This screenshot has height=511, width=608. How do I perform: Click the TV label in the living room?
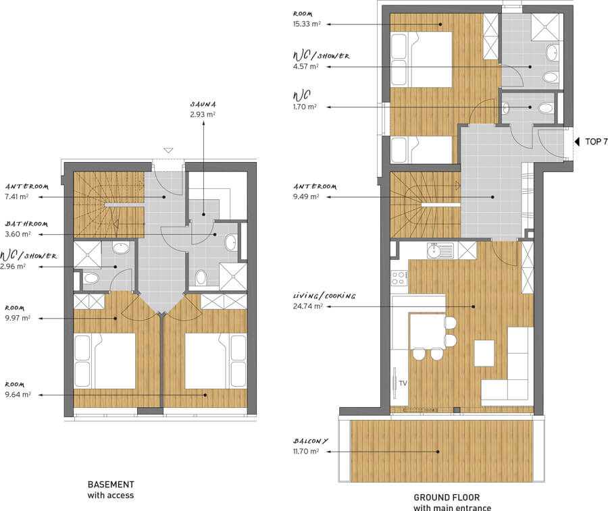pyautogui.click(x=403, y=383)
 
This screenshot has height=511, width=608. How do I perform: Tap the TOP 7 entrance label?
pyautogui.click(x=596, y=142)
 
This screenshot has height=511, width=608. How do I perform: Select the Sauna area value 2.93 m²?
pyautogui.click(x=203, y=115)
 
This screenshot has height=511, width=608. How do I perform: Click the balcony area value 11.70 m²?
pyautogui.click(x=306, y=452)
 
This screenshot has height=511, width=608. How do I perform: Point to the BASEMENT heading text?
pyautogui.click(x=111, y=484)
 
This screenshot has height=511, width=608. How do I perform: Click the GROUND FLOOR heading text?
pyautogui.click(x=447, y=497)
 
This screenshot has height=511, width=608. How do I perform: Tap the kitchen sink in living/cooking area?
pyautogui.click(x=440, y=250)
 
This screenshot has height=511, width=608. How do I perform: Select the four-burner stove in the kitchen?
pyautogui.click(x=399, y=277)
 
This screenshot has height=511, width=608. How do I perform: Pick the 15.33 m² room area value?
pyautogui.click(x=307, y=24)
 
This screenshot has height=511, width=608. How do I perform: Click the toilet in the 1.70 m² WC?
pyautogui.click(x=546, y=107)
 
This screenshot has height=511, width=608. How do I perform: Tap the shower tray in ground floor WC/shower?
pyautogui.click(x=545, y=27)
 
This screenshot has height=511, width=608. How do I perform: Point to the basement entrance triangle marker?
pyautogui.click(x=168, y=151)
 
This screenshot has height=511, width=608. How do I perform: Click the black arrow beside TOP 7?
pyautogui.click(x=577, y=142)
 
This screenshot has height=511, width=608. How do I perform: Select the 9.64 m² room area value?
pyautogui.click(x=18, y=395)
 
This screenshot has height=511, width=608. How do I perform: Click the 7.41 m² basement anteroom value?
pyautogui.click(x=17, y=196)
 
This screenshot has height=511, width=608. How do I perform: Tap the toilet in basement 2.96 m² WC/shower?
pyautogui.click(x=91, y=278)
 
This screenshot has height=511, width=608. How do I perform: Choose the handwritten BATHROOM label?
pyautogui.click(x=26, y=224)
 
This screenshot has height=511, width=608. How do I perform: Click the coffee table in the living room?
pyautogui.click(x=484, y=353)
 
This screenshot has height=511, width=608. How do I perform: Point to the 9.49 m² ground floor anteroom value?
pyautogui.click(x=306, y=196)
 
